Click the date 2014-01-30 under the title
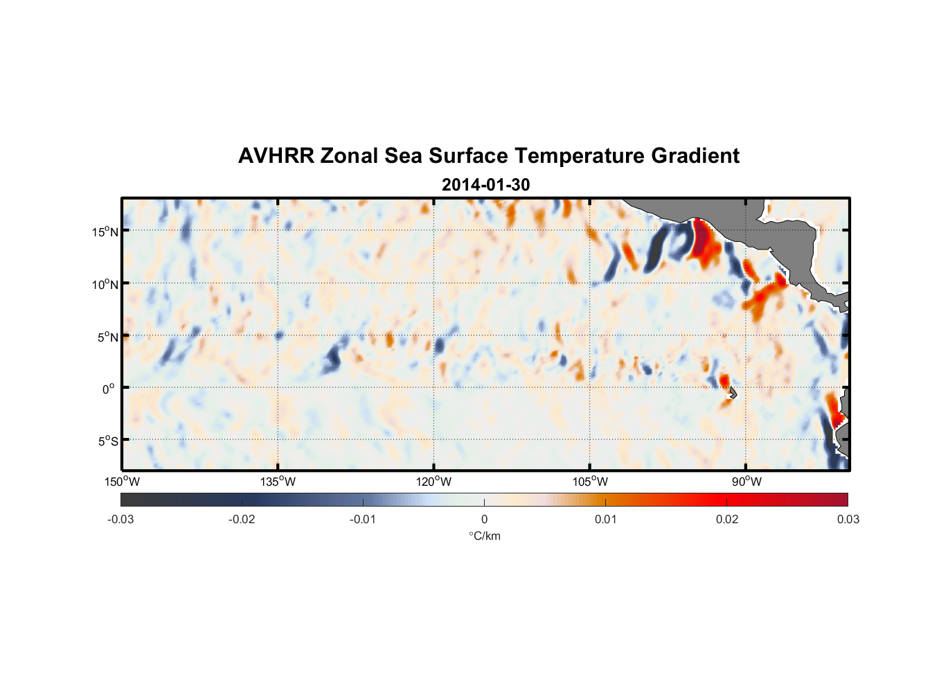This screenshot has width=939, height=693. tap(485, 185)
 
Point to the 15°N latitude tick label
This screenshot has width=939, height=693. tap(105, 231)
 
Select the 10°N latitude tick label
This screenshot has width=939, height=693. tap(105, 284)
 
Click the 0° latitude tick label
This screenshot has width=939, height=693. tap(109, 389)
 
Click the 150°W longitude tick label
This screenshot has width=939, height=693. tap(122, 482)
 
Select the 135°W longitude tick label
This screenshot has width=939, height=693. tap(278, 482)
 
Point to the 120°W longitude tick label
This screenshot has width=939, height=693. tap(433, 482)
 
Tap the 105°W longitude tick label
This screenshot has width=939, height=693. tap(590, 482)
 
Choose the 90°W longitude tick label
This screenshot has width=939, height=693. tap(746, 482)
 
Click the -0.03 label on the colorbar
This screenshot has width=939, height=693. tap(120, 519)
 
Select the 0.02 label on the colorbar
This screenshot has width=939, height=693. tap(727, 519)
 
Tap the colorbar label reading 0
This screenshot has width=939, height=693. tap(484, 519)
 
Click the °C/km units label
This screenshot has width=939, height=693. tap(484, 536)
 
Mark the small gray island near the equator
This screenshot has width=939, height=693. tap(732, 393)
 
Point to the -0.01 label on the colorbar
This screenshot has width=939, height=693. tap(362, 519)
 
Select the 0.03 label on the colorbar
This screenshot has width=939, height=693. tap(848, 519)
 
